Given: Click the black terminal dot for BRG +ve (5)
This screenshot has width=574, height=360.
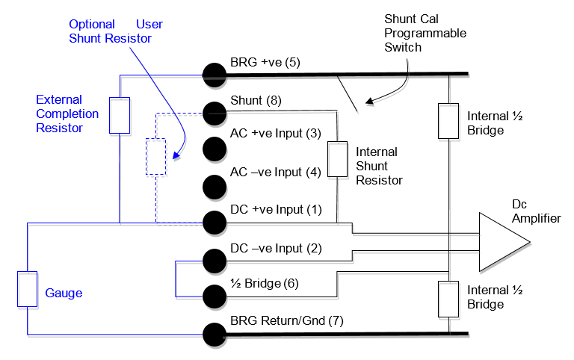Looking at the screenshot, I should tap(215, 72).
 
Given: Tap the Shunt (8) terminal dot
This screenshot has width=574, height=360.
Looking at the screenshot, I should tap(215, 113).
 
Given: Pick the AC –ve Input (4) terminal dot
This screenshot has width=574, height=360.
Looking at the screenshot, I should tap(215, 184).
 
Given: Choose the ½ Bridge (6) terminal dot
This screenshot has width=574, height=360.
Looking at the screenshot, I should tap(215, 294).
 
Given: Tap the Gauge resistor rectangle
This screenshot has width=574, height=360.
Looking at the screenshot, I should tap(27, 289).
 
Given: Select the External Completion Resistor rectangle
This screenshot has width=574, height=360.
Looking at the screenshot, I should tap(120, 114).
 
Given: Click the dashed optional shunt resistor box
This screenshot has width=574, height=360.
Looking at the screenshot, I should tap(155, 156).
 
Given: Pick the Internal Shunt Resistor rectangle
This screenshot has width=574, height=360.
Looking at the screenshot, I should tap(338, 159).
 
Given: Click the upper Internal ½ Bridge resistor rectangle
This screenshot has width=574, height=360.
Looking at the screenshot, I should tap(448, 122).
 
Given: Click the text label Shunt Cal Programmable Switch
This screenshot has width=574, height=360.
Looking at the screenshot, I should tap(425, 33).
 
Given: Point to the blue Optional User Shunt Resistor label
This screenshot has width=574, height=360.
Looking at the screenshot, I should tap(115, 31).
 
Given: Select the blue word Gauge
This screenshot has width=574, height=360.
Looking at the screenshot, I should tap(64, 294).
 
